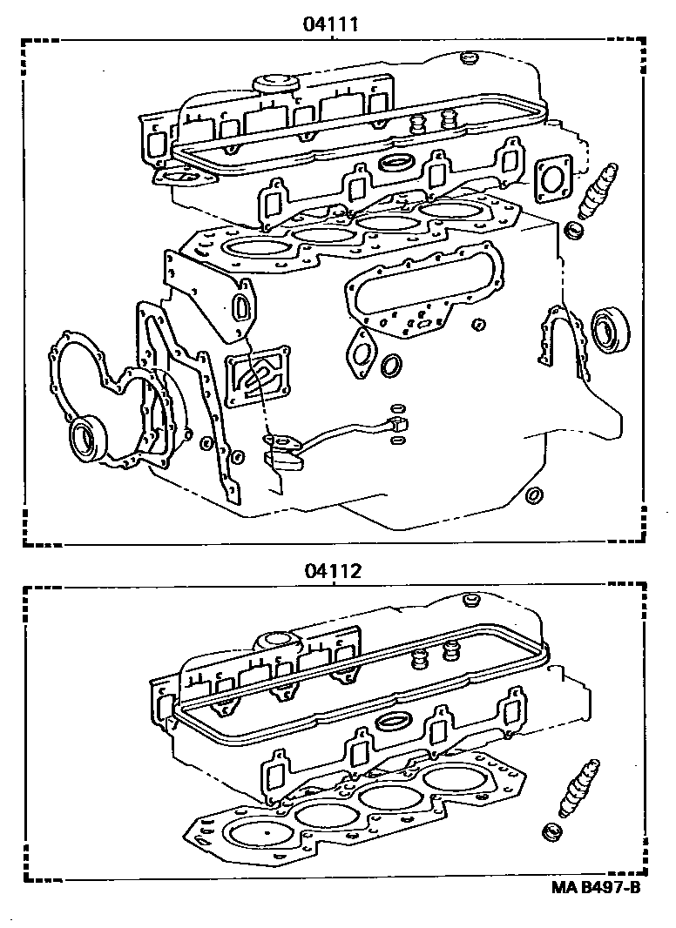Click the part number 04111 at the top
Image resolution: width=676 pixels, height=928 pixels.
[x=331, y=24]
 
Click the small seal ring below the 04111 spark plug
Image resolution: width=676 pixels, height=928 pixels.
[x=574, y=232]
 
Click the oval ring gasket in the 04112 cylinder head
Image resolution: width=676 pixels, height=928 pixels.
[x=397, y=720]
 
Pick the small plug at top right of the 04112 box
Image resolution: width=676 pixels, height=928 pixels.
[x=473, y=601]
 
